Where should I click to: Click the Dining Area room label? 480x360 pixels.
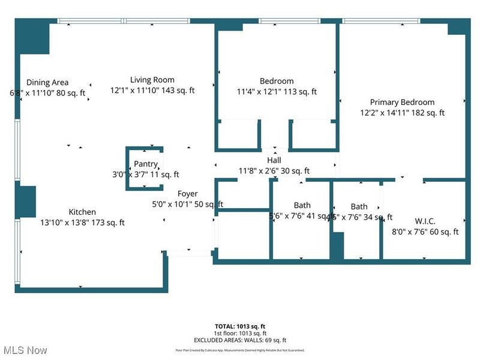(47, 82)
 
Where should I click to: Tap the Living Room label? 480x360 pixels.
(152, 80)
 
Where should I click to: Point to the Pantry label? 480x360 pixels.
(146, 164)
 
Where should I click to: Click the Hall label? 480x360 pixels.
(274, 160)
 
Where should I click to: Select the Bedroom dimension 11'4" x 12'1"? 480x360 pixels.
(262, 92)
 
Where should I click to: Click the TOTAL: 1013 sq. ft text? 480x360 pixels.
(240, 326)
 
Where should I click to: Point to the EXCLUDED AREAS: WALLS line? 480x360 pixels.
(240, 340)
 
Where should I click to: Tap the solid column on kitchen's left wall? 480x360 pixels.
(26, 200)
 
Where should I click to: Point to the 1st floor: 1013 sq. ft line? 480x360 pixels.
(240, 333)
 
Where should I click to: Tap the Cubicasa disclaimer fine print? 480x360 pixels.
(240, 350)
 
